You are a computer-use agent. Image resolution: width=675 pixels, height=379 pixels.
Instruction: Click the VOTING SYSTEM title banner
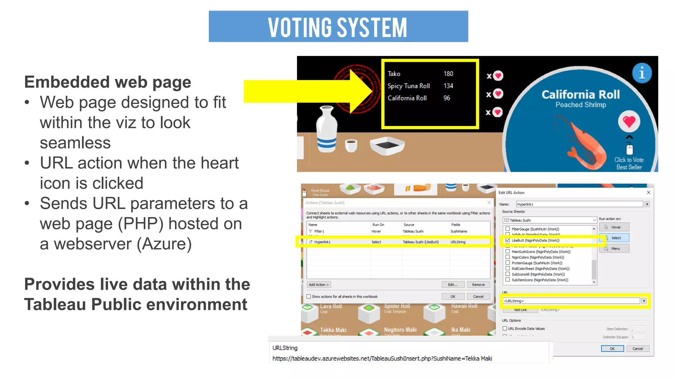click(338, 26)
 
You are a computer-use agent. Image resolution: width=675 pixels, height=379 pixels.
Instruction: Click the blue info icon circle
click(642, 73)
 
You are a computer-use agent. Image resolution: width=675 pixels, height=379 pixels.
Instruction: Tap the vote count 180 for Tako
click(448, 74)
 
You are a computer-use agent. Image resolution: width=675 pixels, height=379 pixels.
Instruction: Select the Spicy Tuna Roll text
click(409, 86)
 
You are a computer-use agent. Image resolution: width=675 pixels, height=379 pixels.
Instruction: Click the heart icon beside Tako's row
click(498, 76)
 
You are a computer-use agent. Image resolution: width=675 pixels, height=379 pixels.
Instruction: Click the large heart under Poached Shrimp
click(629, 121)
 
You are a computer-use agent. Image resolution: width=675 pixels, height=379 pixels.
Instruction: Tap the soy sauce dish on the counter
click(387, 146)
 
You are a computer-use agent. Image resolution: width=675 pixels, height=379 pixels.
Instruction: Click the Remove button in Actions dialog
click(478, 285)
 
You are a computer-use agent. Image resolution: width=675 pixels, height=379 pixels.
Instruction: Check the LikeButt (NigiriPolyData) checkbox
click(508, 240)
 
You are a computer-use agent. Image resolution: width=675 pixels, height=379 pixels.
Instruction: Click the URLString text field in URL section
click(571, 301)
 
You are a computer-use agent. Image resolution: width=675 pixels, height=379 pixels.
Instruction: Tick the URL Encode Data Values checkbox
click(505, 328)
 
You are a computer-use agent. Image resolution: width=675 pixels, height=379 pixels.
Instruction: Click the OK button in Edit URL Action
click(612, 348)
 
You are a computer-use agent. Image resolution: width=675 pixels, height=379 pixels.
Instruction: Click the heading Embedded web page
click(108, 82)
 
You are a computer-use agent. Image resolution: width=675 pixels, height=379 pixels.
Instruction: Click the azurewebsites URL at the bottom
click(382, 358)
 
